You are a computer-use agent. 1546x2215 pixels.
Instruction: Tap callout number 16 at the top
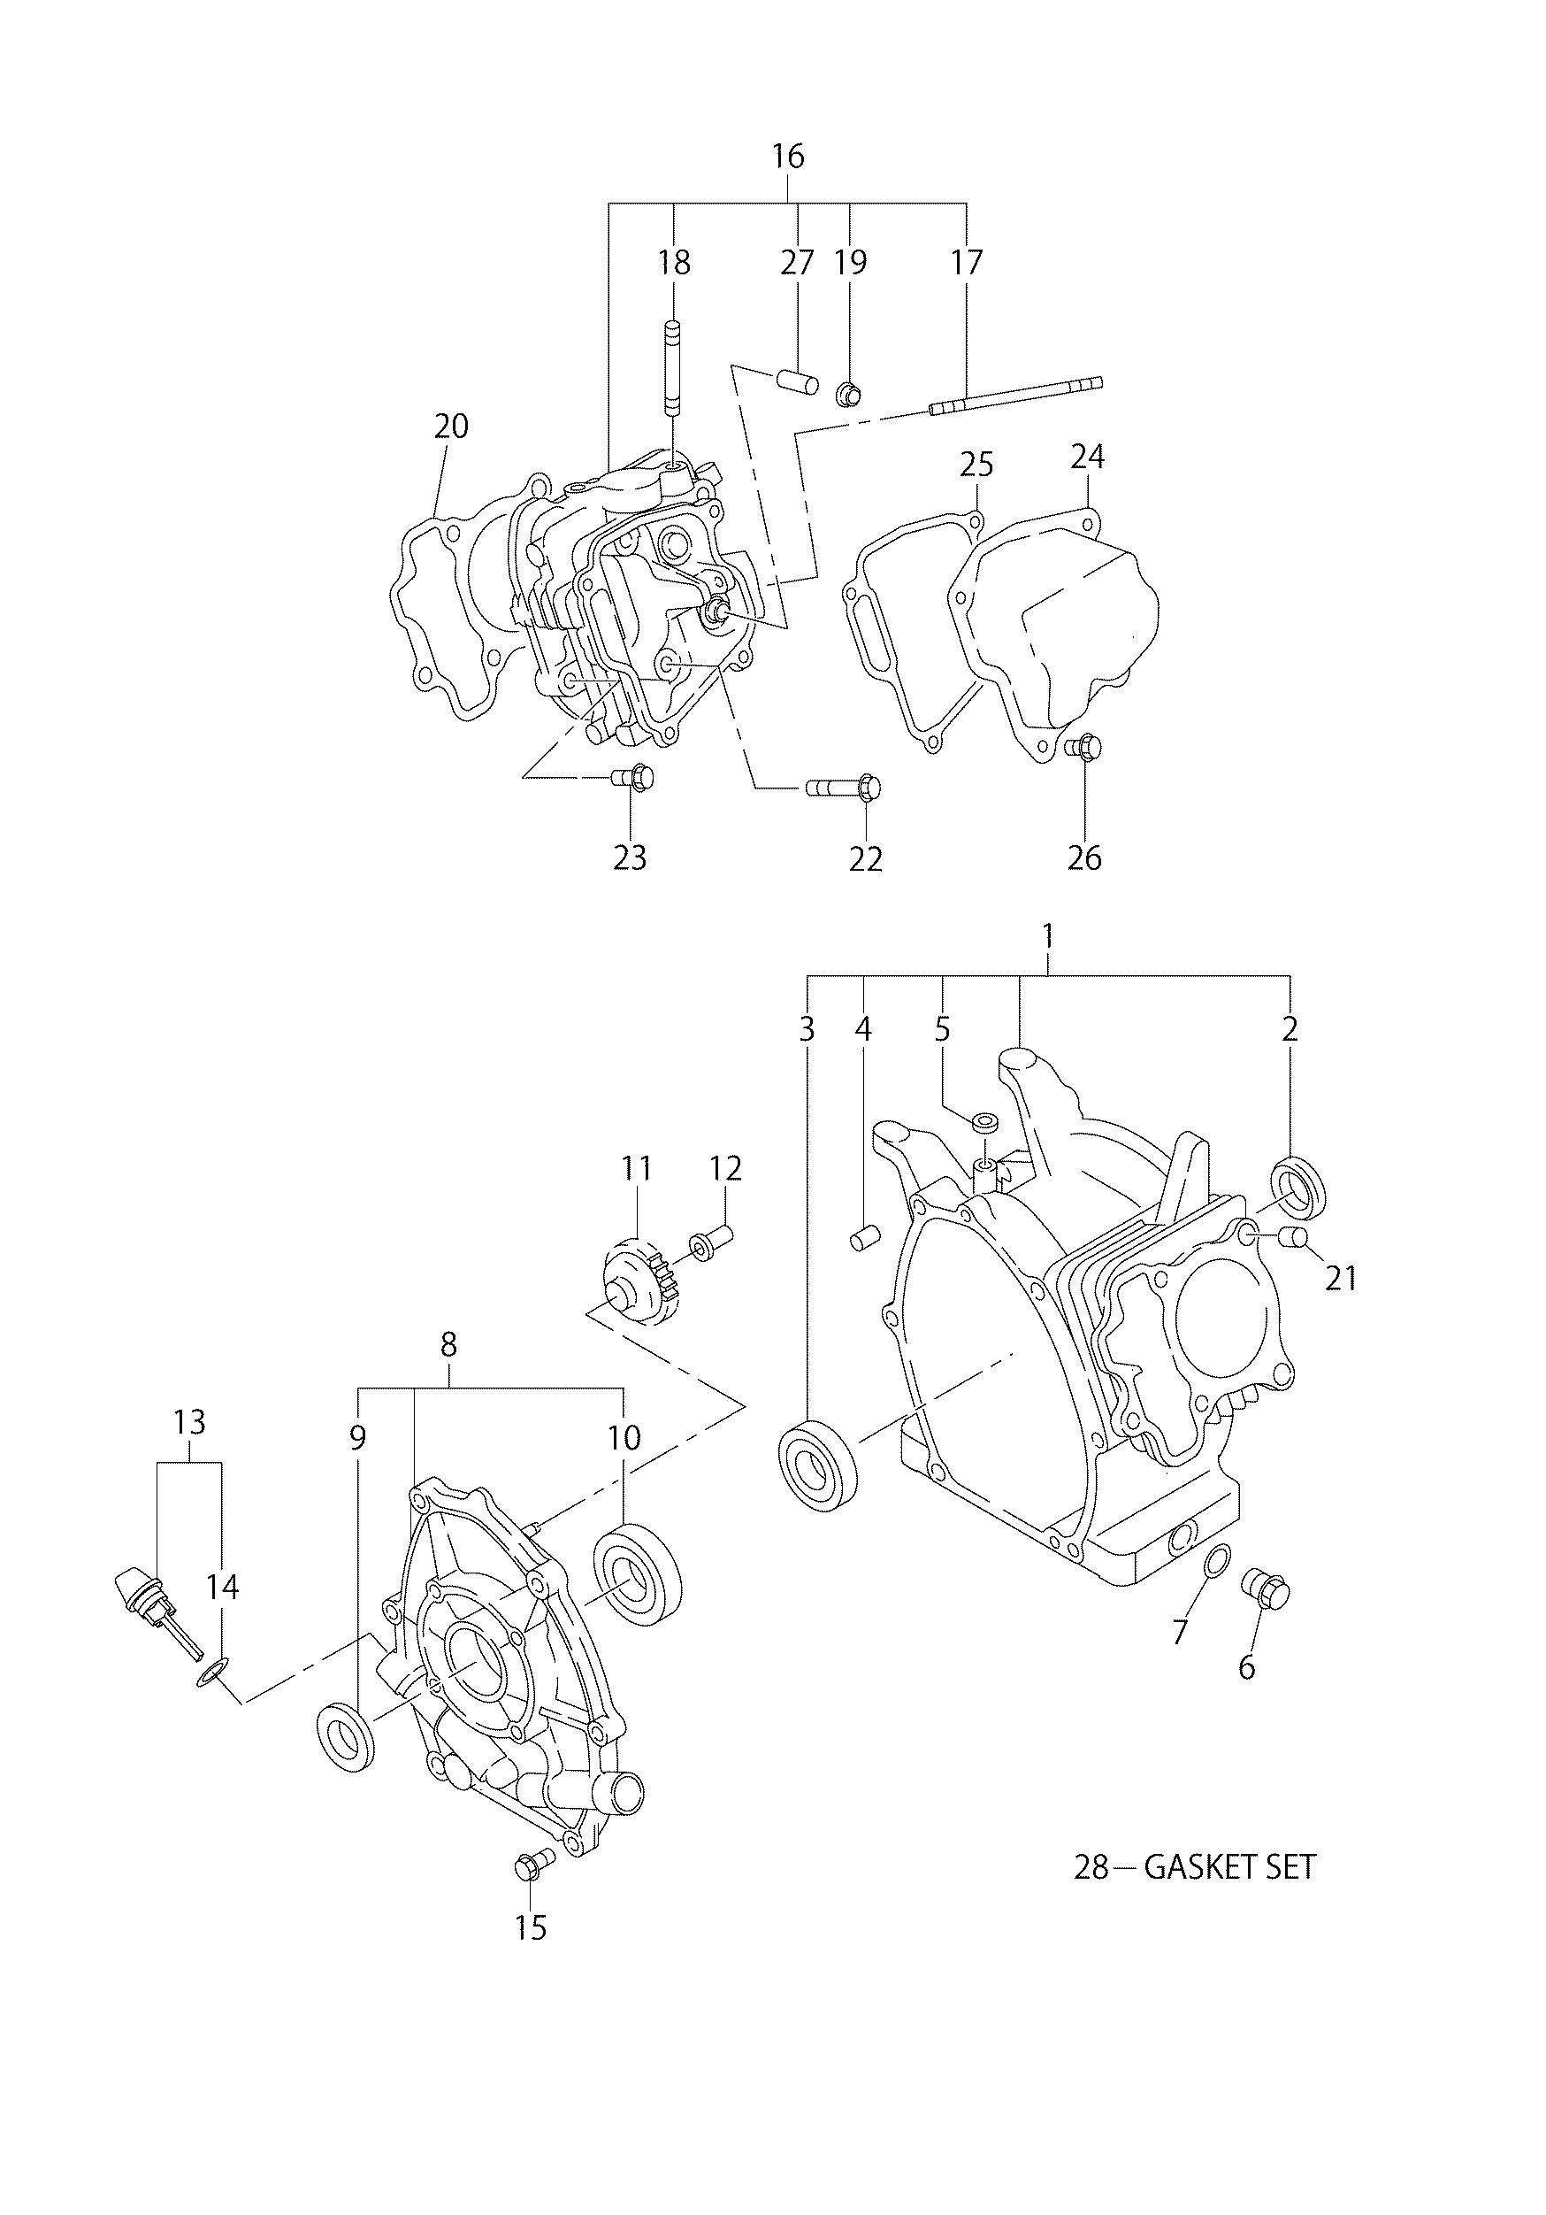[788, 157]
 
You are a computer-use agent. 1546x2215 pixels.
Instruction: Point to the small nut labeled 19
[846, 394]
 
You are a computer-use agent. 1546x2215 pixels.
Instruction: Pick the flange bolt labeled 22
[845, 788]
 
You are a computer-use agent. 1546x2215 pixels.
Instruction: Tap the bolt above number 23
[633, 774]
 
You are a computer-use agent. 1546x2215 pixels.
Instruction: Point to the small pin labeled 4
[861, 1239]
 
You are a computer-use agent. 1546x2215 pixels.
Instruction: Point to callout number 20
[450, 426]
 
